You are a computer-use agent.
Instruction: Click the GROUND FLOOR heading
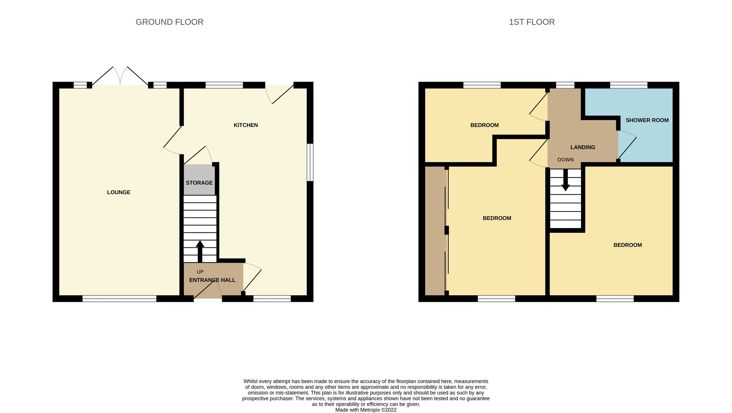169,22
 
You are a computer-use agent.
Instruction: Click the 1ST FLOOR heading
532,22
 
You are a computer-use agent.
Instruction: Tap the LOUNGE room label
119,192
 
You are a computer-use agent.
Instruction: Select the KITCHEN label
246,125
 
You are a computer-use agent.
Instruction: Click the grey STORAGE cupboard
199,180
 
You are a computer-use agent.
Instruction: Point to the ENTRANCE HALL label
212,280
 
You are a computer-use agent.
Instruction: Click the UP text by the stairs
200,272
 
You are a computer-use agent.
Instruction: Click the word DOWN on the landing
565,160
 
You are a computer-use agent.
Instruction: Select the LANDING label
583,147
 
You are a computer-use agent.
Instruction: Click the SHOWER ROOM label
647,120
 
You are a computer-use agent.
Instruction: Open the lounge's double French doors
120,76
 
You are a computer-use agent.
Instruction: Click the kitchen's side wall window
310,162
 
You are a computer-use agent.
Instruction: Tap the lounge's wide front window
119,299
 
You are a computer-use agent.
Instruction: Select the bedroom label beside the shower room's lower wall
627,245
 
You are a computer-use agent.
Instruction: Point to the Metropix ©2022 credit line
366,410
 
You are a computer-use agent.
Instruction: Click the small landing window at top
565,85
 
